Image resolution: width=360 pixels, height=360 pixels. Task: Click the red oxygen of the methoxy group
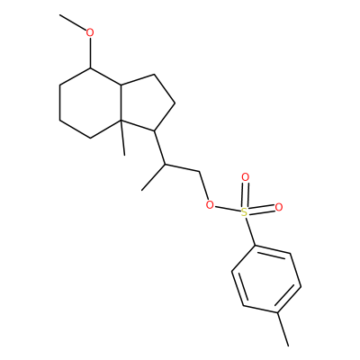pos(90,32)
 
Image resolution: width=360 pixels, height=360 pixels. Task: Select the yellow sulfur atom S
pos(245,212)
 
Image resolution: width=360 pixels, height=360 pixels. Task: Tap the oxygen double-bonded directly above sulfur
pos(246,177)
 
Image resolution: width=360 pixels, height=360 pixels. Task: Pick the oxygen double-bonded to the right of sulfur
pos(279,207)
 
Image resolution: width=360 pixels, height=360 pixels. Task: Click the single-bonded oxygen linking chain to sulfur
pos(211,205)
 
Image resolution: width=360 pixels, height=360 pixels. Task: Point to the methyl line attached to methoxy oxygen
pos(73,22)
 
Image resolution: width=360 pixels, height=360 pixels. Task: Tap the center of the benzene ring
pos(266,280)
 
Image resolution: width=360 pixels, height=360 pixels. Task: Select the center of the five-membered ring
pos(147,103)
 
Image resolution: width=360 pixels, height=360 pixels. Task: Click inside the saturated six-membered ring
pos(90,103)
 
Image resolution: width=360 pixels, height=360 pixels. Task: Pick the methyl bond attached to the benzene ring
pos(283,329)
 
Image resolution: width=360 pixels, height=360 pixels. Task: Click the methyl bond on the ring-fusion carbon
pos(122,138)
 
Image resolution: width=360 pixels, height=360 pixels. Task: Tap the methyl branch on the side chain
pos(153,177)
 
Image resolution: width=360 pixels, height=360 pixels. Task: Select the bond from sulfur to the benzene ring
pos(250,231)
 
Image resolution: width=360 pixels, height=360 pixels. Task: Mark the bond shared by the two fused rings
pos(121,103)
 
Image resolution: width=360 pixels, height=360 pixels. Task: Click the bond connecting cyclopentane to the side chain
pos(159,148)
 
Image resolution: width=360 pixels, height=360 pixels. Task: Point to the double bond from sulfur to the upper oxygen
pos(246,194)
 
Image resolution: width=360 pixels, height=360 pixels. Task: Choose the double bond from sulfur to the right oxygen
pos(262,210)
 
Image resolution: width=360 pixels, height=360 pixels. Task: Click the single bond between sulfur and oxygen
pos(228,209)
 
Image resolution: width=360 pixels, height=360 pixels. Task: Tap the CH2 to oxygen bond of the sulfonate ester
pos(204,186)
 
